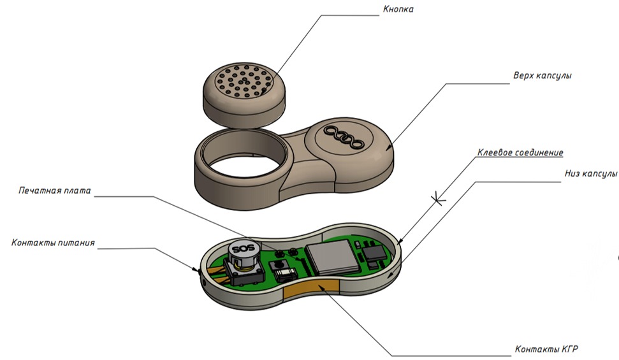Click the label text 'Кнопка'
point(398,9)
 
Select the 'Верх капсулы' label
point(542,75)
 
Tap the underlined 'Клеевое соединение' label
point(520,152)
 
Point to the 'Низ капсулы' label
point(590,174)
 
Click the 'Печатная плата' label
point(55,191)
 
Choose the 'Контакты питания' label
point(53,242)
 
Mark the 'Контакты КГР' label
point(546,349)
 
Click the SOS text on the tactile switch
point(242,249)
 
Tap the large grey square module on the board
point(333,257)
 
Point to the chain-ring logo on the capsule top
point(344,138)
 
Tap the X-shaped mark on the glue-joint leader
point(438,199)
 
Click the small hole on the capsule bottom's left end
point(203,283)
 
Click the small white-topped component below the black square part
point(286,275)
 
